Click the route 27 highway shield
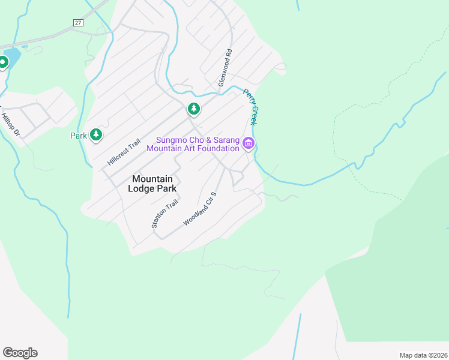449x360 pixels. pyautogui.click(x=78, y=22)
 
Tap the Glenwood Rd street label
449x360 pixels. pyautogui.click(x=225, y=71)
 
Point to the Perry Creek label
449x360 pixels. pyautogui.click(x=252, y=107)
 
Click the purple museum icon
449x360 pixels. pyautogui.click(x=249, y=143)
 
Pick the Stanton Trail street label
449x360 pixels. pyautogui.click(x=157, y=214)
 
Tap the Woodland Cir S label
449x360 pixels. pyautogui.click(x=199, y=209)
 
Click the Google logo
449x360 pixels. pyautogui.click(x=20, y=353)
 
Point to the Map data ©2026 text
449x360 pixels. pyautogui.click(x=423, y=355)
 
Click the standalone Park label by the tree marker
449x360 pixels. pyautogui.click(x=79, y=136)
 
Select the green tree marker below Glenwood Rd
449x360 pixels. pyautogui.click(x=193, y=109)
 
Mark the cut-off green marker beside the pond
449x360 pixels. pyautogui.click(x=3, y=62)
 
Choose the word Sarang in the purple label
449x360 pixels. pyautogui.click(x=225, y=140)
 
